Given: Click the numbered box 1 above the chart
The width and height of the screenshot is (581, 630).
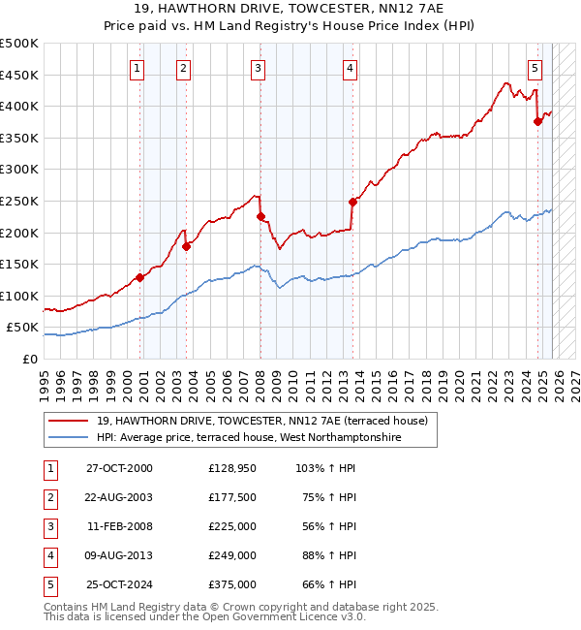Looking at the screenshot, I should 138,68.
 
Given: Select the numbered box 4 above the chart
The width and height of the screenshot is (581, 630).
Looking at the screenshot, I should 349,68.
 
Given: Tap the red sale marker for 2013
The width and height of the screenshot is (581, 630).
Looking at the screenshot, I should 352,202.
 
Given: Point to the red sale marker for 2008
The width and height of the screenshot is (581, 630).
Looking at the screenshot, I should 260,217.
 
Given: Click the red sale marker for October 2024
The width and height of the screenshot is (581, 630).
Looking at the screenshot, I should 538,121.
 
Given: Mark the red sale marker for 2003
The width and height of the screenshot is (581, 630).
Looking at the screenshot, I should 187,246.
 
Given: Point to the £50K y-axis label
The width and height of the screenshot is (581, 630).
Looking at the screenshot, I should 22,328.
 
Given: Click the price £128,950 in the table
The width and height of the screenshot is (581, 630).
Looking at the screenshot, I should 231,468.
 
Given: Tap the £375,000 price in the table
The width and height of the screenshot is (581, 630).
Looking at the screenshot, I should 231,584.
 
